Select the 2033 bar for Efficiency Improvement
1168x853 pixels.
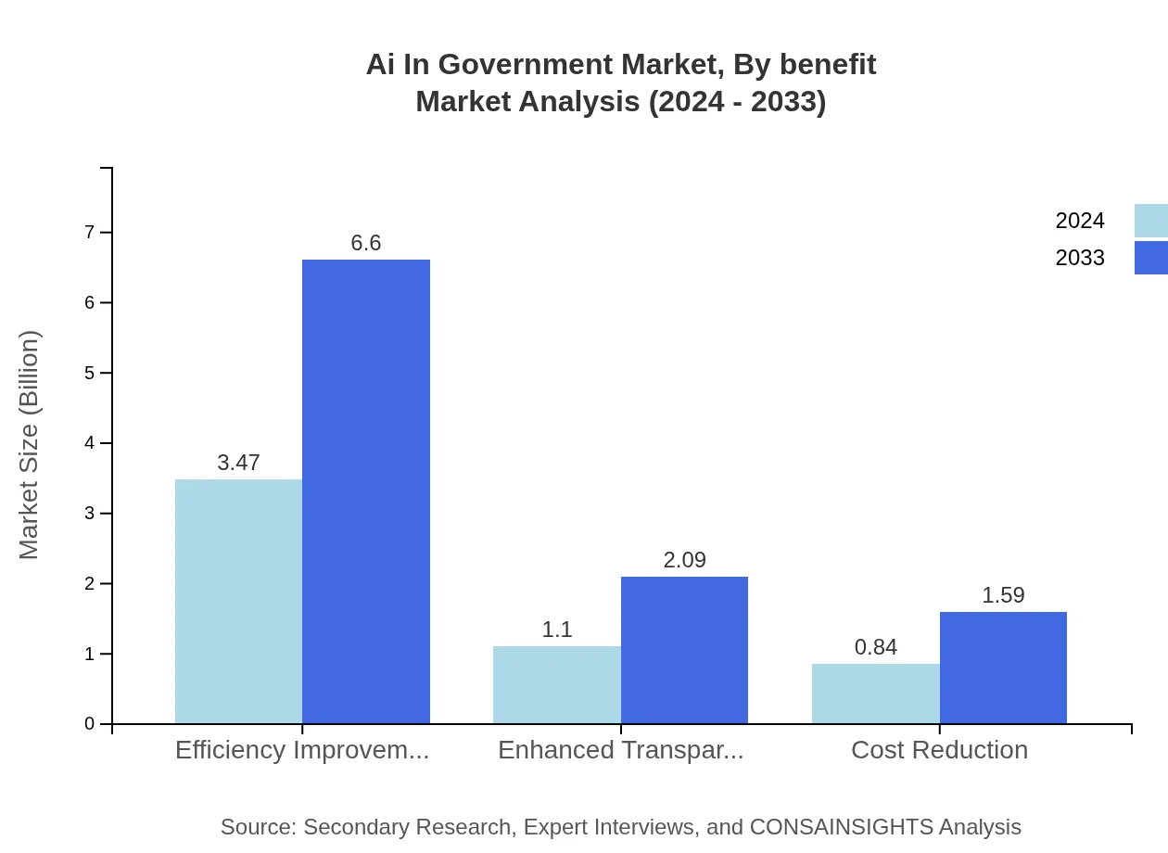point(366,491)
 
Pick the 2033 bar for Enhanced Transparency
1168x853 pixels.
point(684,649)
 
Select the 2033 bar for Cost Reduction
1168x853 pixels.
point(1003,668)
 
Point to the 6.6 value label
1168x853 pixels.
point(366,243)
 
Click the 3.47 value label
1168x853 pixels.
point(238,463)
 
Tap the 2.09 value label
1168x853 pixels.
point(684,560)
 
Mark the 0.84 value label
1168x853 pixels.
point(875,647)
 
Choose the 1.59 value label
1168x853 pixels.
point(1003,595)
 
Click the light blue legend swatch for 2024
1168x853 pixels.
point(1150,221)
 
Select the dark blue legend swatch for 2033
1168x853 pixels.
point(1150,258)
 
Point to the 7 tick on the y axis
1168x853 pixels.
point(90,232)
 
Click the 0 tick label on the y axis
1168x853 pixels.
point(90,724)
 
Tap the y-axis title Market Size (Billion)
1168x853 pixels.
point(29,445)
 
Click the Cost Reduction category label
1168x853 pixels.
point(939,750)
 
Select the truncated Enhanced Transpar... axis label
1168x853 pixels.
point(620,750)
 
